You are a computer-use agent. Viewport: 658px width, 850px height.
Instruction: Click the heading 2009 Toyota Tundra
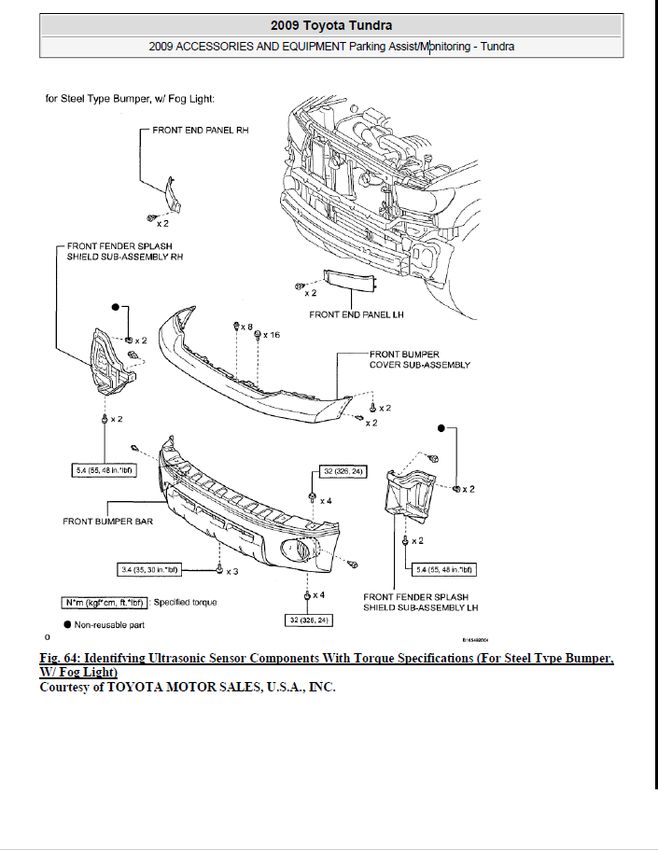(x=331, y=25)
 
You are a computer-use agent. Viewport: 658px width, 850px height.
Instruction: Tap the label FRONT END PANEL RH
(x=200, y=131)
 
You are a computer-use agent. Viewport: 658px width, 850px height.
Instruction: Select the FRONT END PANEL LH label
(x=356, y=314)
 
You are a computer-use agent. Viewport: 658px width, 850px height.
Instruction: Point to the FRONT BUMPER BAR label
(x=107, y=521)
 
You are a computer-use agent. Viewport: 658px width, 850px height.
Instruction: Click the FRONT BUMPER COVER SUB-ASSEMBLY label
(x=419, y=359)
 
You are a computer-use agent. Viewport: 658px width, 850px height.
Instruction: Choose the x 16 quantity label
(x=272, y=335)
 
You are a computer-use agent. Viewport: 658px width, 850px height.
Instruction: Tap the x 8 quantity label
(x=247, y=327)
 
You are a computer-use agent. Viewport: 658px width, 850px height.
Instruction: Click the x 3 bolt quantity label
(x=232, y=570)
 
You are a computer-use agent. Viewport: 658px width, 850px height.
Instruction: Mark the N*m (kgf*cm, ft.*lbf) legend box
(x=105, y=602)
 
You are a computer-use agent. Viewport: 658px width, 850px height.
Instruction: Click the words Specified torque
(x=185, y=602)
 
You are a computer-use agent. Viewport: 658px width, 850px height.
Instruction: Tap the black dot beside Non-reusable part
(x=67, y=624)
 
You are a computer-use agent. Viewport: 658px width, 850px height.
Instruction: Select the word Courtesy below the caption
(x=69, y=687)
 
